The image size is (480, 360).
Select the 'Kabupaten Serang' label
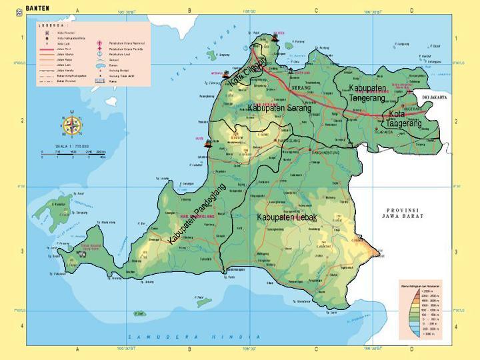pyautogui.click(x=279, y=108)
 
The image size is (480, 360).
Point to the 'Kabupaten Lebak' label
pyautogui.click(x=287, y=217)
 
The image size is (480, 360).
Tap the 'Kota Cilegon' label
pyautogui.click(x=247, y=72)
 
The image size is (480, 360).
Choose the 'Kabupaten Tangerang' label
pyautogui.click(x=367, y=93)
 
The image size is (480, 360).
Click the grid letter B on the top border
pyautogui.click(x=189, y=11)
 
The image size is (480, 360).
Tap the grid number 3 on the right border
pyautogui.click(x=455, y=251)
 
